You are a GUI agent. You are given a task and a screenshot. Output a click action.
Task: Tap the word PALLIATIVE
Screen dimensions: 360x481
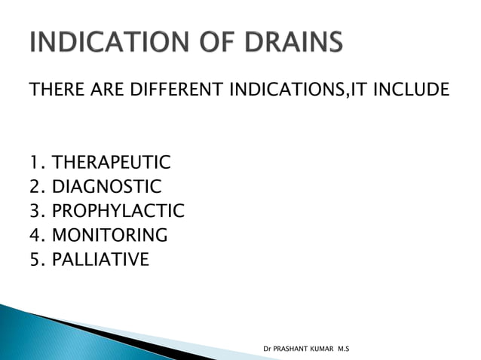pos(101,260)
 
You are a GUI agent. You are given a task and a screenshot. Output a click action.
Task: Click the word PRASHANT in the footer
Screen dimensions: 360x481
pos(296,349)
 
